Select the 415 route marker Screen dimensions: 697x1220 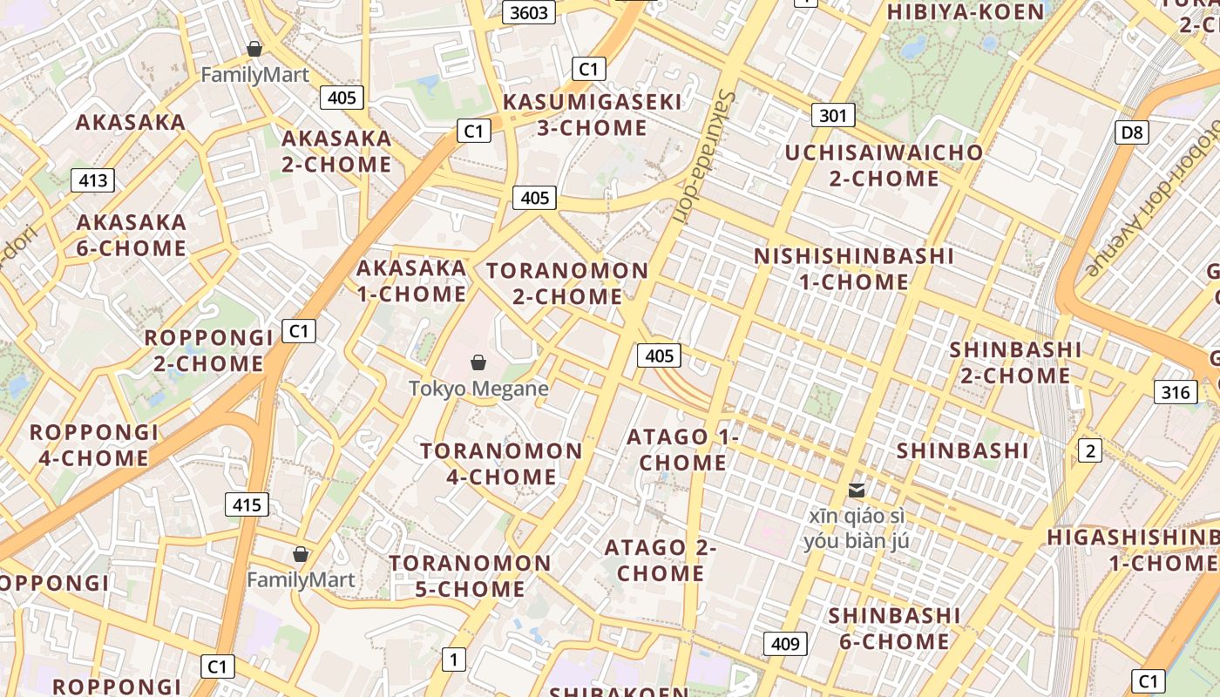pos(247,504)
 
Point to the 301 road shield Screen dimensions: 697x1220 pos(833,115)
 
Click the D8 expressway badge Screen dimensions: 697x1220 pos(1131,132)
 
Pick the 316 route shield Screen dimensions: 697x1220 pos(1175,392)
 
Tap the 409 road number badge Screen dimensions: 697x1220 pos(785,644)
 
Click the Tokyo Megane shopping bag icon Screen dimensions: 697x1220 pos(478,362)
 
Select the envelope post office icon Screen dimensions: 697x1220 pos(857,491)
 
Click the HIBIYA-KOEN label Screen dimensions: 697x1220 pos(965,12)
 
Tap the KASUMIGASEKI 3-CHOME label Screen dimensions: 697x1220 pos(593,115)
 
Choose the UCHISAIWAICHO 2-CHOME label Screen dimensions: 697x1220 pos(884,166)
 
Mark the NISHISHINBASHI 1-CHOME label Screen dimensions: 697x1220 pos(854,269)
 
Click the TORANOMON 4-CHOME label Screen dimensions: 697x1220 pos(501,464)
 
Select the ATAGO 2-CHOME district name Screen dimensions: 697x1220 pos(661,560)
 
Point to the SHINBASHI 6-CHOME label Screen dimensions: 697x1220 pos(894,628)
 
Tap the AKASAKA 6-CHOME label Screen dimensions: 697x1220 pos(132,235)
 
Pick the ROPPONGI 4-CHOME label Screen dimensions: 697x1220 pos(94,445)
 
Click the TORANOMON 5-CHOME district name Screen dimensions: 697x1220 pos(470,576)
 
